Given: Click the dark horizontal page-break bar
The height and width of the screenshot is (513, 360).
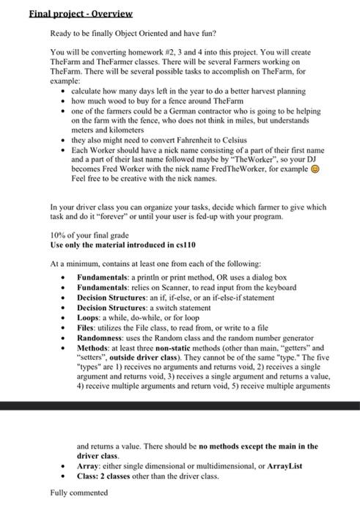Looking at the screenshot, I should [x=180, y=405].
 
